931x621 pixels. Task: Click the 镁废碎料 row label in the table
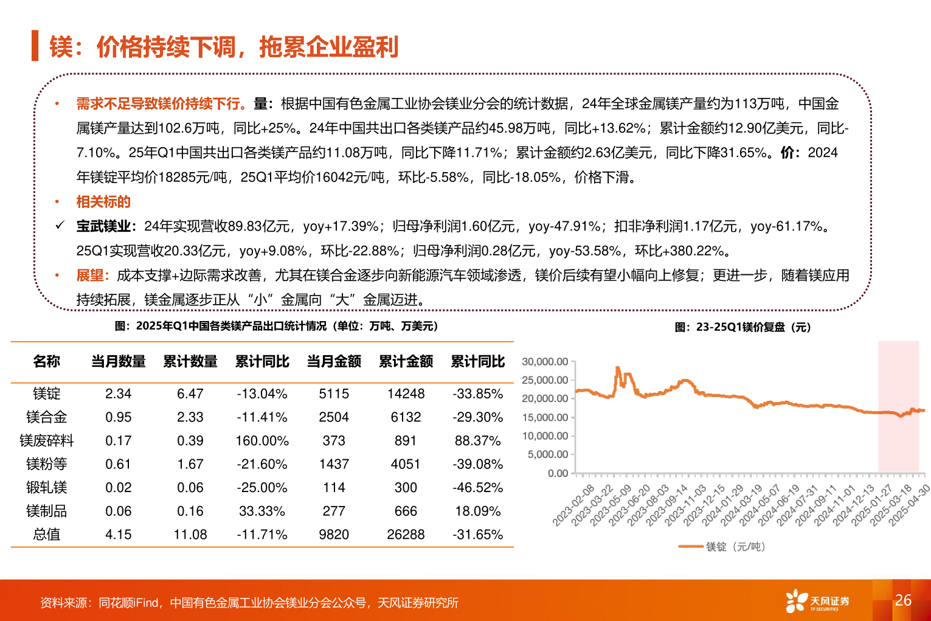point(46,440)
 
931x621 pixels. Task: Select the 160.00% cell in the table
point(262,440)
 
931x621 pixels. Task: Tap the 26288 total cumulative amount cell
point(406,535)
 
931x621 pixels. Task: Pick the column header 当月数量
point(118,361)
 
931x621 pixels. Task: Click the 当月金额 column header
point(334,361)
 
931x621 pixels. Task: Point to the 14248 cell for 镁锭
point(406,394)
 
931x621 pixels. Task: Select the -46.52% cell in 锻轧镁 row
point(477,488)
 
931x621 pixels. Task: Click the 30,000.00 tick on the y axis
point(545,361)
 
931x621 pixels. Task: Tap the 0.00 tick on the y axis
point(558,473)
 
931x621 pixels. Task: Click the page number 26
point(903,600)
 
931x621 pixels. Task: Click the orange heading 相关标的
point(103,202)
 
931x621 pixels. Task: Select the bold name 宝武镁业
point(103,226)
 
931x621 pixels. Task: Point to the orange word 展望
point(90,276)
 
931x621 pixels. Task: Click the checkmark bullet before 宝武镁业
point(60,226)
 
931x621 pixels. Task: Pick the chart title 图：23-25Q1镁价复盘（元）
point(742,327)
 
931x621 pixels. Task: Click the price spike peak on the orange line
point(618,368)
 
